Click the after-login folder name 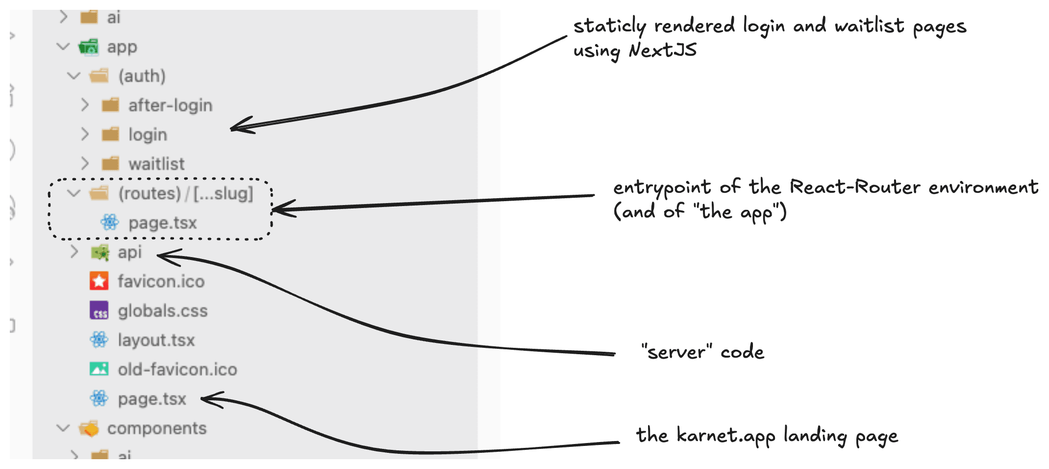click(170, 105)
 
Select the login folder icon click(110, 134)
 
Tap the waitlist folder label click(156, 164)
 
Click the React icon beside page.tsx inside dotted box click(109, 222)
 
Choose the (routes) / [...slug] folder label click(185, 193)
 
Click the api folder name click(129, 252)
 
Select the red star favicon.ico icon click(99, 281)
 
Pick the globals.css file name click(162, 311)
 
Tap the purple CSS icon click(99, 311)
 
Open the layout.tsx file click(156, 340)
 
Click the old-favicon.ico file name click(177, 369)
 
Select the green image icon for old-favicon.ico click(99, 369)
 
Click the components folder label click(157, 428)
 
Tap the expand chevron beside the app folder click(63, 47)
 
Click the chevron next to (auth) click(74, 76)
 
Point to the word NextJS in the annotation click(663, 50)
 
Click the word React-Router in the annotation click(855, 187)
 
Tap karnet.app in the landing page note click(725, 436)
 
